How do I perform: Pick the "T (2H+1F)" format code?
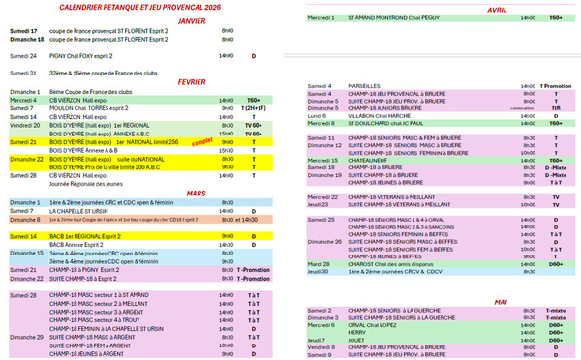(x=256, y=108)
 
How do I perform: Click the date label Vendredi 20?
(x=24, y=125)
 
